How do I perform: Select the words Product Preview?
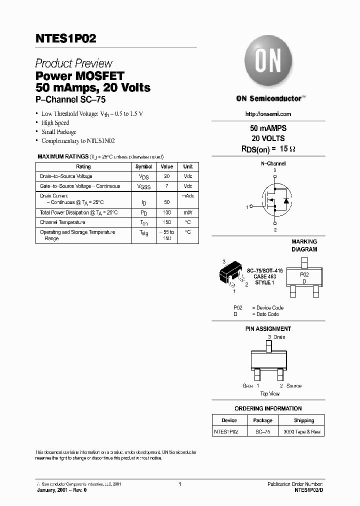pyautogui.click(x=73, y=63)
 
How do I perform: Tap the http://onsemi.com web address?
pyautogui.click(x=268, y=114)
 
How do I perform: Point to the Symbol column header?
pyautogui.click(x=144, y=167)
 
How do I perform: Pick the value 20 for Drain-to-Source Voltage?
pyautogui.click(x=167, y=176)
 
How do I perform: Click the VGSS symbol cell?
pyautogui.click(x=144, y=187)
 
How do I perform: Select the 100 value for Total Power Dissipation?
pyautogui.click(x=167, y=212)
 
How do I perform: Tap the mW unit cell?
pyautogui.click(x=188, y=212)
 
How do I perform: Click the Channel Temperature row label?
pyautogui.click(x=62, y=222)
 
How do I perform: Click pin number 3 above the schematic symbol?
pyautogui.click(x=274, y=170)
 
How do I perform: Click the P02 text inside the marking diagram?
pyautogui.click(x=304, y=274)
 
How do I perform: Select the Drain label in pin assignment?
pyautogui.click(x=279, y=337)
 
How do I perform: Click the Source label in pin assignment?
pyautogui.click(x=294, y=386)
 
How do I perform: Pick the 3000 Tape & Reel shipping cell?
pyautogui.click(x=302, y=431)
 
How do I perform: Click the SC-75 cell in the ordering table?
pyautogui.click(x=262, y=431)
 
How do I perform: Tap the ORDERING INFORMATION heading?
pyautogui.click(x=268, y=408)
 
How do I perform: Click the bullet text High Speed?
pyautogui.click(x=55, y=123)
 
